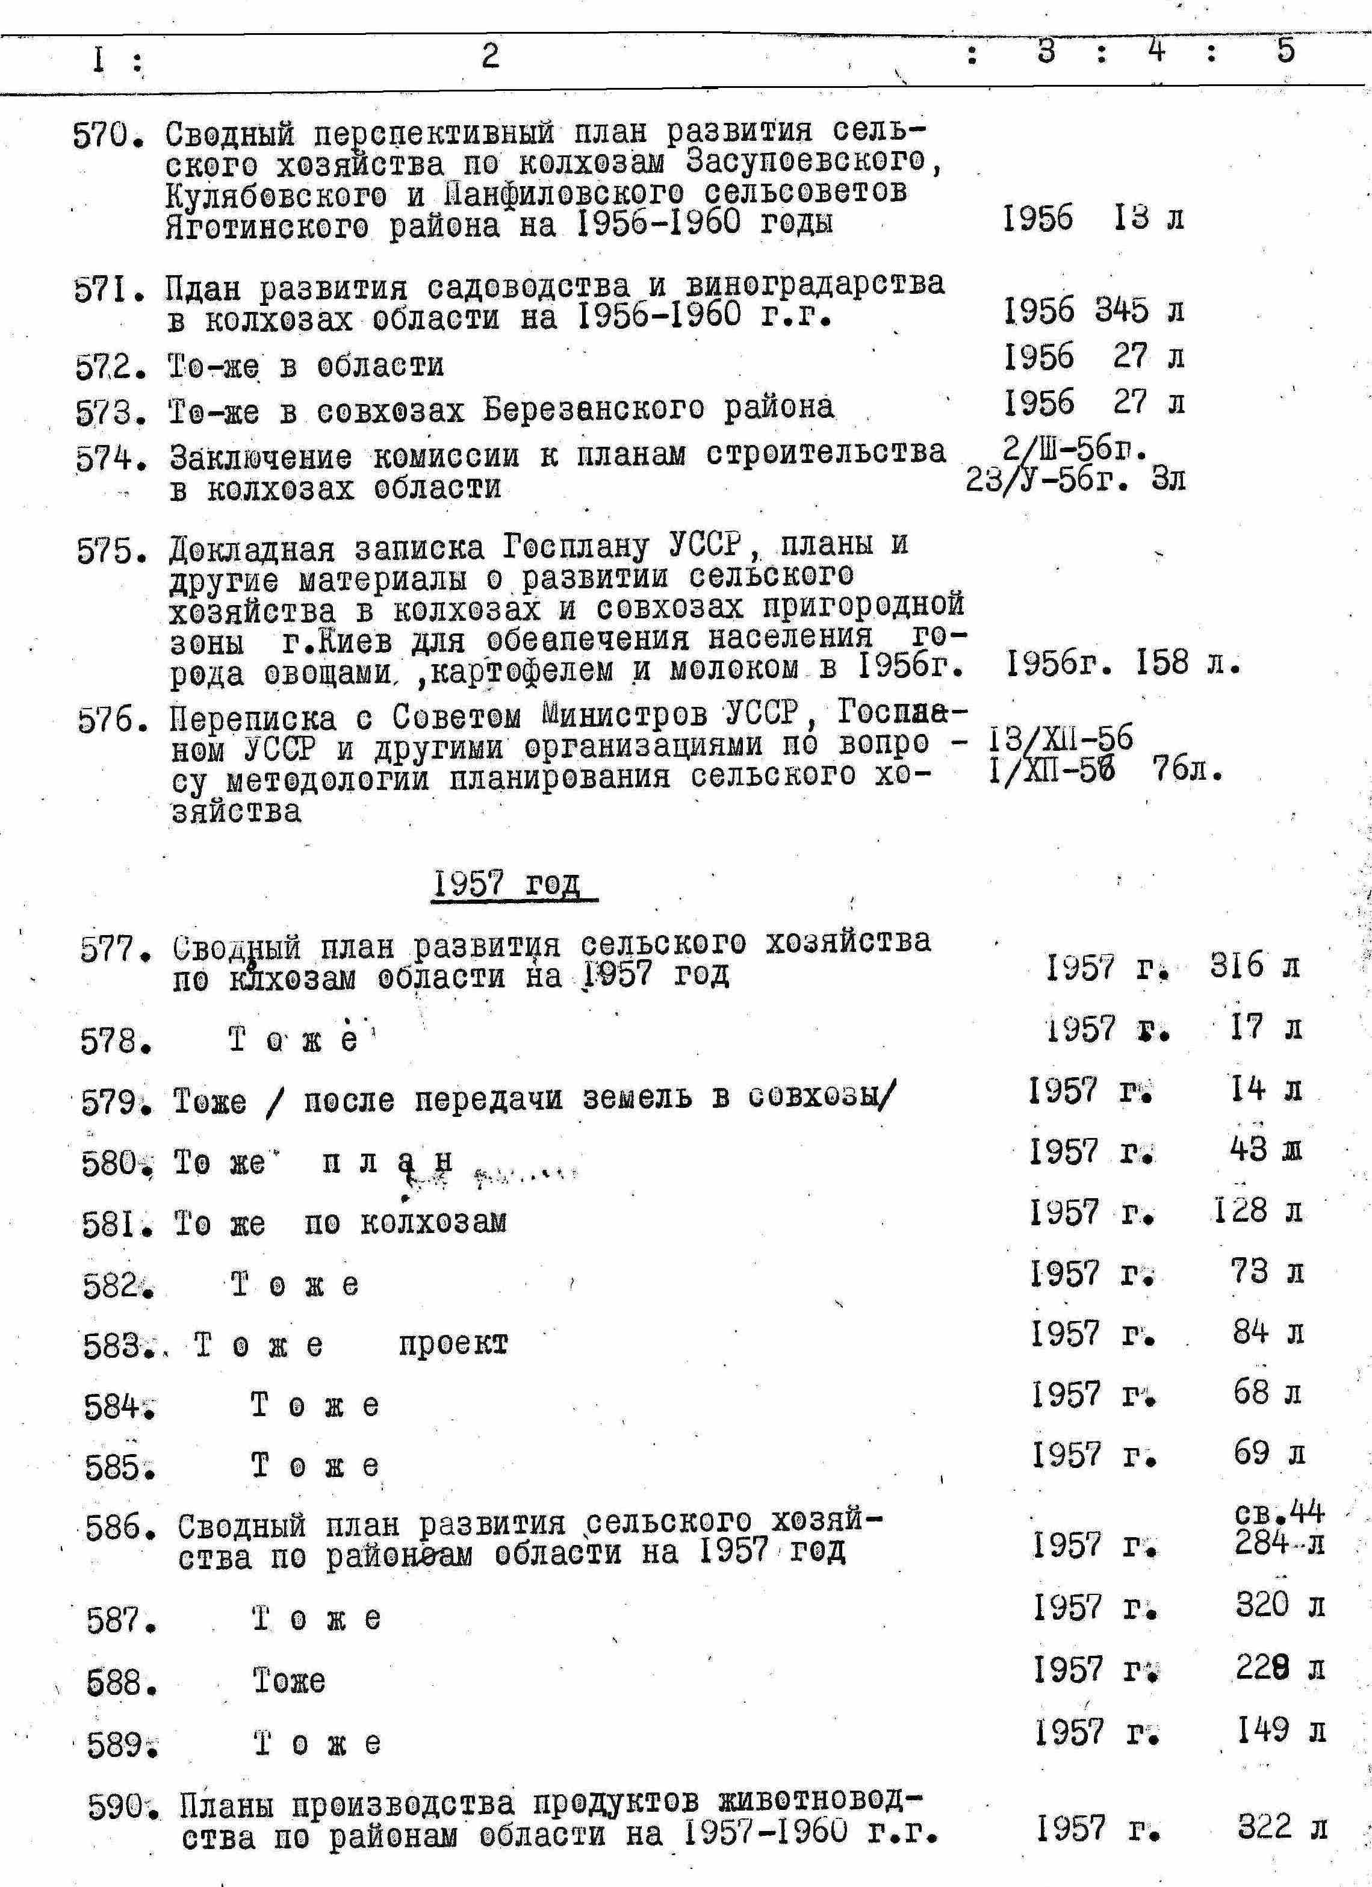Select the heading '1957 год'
pos(514,884)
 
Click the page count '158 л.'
pos(1187,663)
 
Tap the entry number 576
pos(110,721)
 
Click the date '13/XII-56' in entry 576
pos(1061,737)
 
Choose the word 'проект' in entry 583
pos(453,1345)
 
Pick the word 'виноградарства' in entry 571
pos(815,285)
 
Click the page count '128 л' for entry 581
pos(1257,1211)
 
